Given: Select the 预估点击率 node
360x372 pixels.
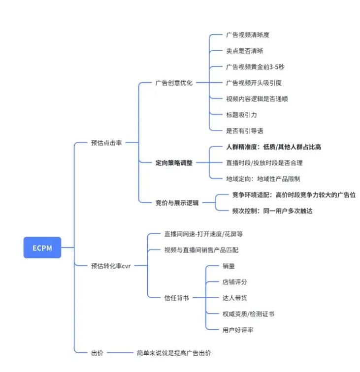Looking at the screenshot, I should click(106, 143).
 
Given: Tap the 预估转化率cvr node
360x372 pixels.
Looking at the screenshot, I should click(111, 266).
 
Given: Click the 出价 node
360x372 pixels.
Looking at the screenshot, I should click(98, 352).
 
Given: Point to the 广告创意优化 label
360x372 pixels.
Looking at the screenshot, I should click(174, 83).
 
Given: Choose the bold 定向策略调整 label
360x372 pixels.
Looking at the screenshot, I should click(174, 162).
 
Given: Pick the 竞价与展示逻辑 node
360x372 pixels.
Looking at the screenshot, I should click(177, 202).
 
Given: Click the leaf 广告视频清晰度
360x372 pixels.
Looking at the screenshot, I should click(247, 35).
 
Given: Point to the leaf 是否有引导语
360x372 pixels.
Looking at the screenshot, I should click(244, 130).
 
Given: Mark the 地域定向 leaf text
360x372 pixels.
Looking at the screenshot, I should click(263, 178).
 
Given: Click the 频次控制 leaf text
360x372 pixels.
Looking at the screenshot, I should click(272, 211).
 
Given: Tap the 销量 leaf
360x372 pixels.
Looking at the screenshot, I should click(229, 266).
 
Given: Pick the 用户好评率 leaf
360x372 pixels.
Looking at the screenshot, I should click(238, 329).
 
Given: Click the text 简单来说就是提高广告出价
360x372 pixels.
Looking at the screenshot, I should click(174, 352).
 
